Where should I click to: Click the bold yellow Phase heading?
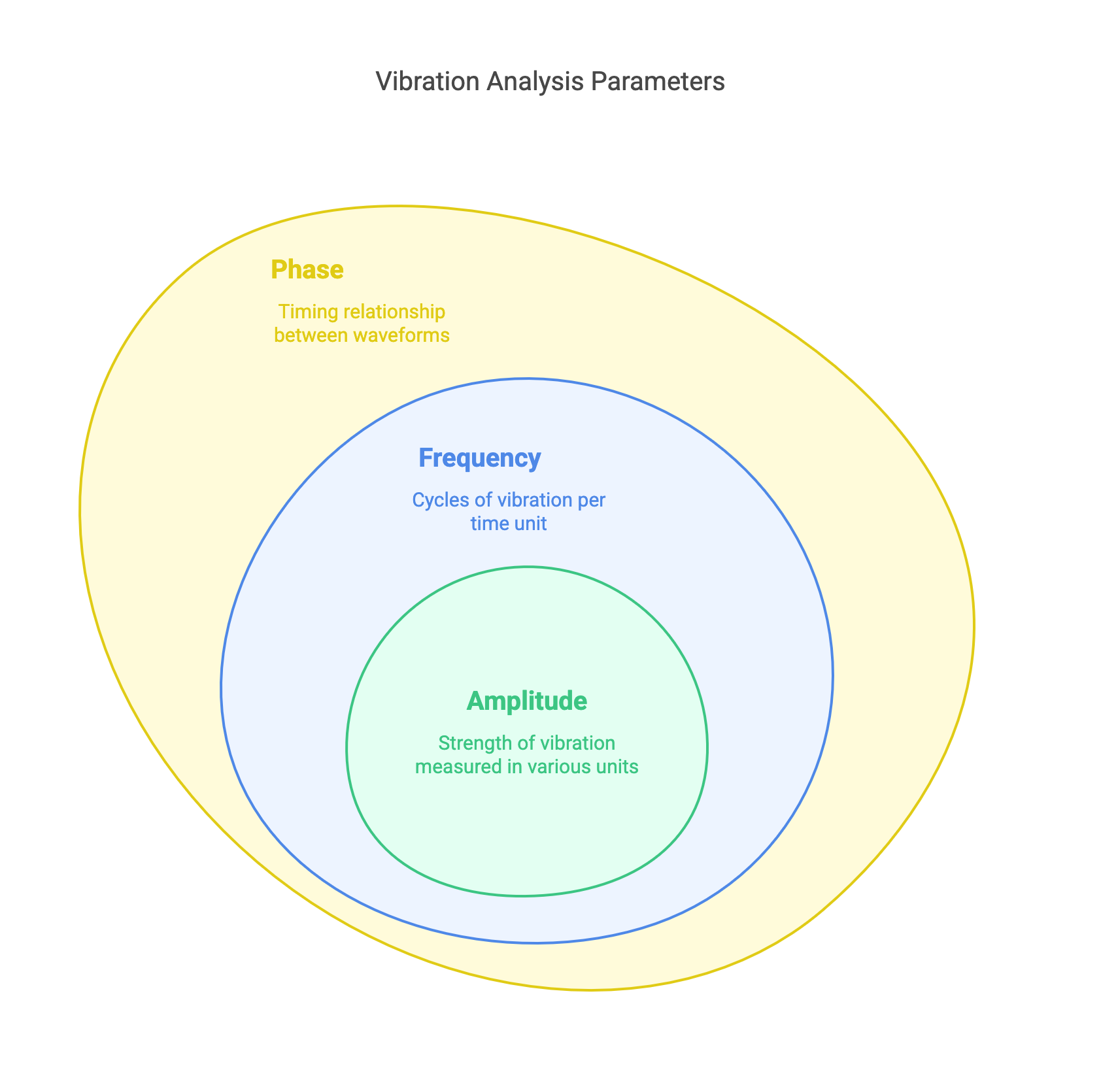point(307,270)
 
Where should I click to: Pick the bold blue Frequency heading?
point(479,458)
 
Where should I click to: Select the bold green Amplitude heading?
point(527,701)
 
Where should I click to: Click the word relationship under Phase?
point(394,312)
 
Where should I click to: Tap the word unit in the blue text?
point(530,524)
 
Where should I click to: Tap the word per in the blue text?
point(592,500)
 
